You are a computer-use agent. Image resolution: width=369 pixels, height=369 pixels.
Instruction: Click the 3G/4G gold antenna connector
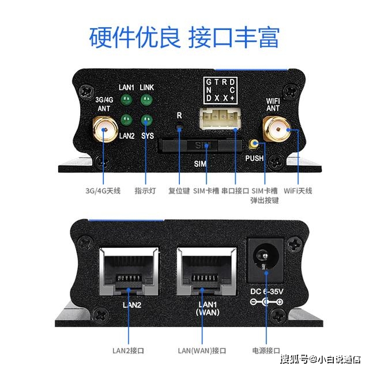[x=105, y=130]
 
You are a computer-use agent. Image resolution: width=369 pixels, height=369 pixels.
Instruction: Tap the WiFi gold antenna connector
[x=277, y=129]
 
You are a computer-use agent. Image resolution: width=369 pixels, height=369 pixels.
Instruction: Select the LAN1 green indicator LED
[x=126, y=100]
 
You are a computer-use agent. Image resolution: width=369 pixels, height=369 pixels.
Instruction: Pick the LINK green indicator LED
[x=146, y=100]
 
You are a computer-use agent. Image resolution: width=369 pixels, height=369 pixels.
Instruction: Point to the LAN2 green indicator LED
[x=126, y=120]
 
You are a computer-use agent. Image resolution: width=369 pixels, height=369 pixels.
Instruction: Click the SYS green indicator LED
[x=146, y=120]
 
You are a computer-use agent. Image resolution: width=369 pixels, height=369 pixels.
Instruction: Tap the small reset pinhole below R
[x=179, y=129]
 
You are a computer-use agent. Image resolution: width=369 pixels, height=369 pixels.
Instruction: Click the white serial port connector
[x=220, y=119]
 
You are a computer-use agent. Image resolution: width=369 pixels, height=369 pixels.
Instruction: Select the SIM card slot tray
[x=200, y=145]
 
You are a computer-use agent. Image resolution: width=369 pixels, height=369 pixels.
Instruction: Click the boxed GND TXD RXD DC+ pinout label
[x=220, y=91]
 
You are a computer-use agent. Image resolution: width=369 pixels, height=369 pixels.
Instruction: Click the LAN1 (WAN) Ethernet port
[x=206, y=270]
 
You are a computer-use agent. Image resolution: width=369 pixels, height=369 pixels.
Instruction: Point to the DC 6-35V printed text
[x=266, y=291]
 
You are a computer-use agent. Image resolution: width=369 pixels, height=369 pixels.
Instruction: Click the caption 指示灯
[x=145, y=190]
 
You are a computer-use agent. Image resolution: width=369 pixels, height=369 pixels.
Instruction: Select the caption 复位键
[x=179, y=190]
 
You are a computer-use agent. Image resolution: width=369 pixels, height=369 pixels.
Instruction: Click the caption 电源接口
[x=266, y=351]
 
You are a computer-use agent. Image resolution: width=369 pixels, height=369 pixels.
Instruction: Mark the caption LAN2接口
[x=128, y=351]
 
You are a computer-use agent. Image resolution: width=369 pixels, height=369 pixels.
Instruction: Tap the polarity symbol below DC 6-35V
[x=266, y=302]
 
